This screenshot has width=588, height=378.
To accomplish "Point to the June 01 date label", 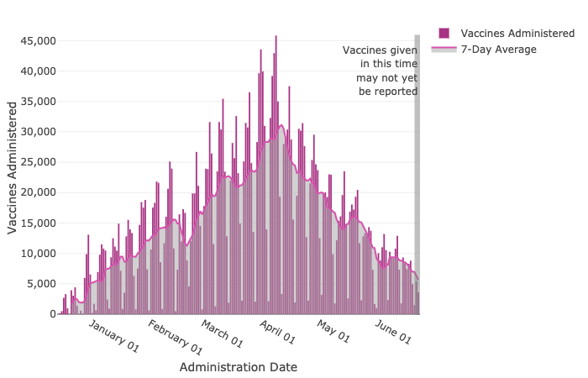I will (x=392, y=331).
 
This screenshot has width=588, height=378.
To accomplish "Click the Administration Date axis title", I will (x=239, y=367).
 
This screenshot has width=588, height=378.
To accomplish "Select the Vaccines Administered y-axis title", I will (x=13, y=167).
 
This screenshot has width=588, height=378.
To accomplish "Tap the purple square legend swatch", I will (x=444, y=33).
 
